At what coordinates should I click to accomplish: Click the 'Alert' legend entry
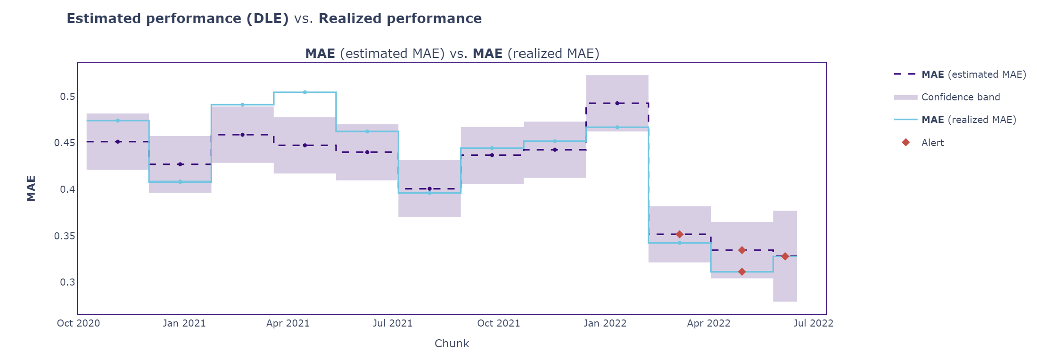[932, 143]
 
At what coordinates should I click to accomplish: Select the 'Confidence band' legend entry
[960, 97]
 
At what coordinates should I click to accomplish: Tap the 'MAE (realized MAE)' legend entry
[968, 120]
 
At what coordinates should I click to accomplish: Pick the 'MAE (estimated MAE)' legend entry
[973, 74]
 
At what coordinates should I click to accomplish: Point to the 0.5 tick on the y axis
[67, 97]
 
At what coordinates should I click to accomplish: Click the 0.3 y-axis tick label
[67, 282]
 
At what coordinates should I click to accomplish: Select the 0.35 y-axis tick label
[65, 236]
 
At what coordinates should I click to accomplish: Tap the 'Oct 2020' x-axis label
[78, 323]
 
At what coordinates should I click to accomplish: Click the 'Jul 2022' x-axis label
[813, 323]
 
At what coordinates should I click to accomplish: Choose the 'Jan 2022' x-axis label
[605, 323]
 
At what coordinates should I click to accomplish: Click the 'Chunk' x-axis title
[452, 344]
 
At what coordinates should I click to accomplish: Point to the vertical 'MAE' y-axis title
[31, 188]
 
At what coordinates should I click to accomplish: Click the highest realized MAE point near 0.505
[305, 92]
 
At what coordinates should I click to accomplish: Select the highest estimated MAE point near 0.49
[617, 103]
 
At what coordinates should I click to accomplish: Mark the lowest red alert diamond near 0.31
[742, 272]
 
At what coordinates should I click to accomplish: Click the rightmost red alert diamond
[785, 256]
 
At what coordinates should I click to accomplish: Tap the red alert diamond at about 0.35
[680, 234]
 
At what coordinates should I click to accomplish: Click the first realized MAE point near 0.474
[118, 121]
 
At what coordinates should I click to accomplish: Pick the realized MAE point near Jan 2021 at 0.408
[180, 182]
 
